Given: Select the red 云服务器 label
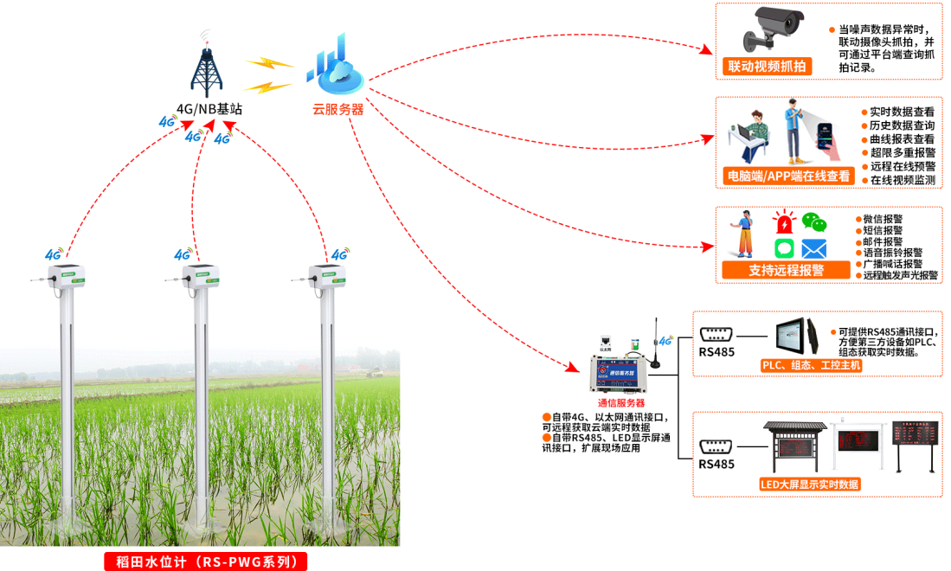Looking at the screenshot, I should point(338,110).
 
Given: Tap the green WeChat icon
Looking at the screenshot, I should point(813,222).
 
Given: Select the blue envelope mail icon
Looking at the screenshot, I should point(813,249).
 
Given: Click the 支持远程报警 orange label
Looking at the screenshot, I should point(786,270).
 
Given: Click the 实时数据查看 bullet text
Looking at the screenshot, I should point(902,112).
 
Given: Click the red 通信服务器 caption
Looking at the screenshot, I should point(621,403).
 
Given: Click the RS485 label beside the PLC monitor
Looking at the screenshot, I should point(716,352).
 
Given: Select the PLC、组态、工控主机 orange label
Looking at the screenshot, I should point(811,365).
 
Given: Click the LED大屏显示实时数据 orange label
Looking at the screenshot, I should point(810,484).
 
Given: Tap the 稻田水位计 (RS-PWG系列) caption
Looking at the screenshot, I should point(206,561).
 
